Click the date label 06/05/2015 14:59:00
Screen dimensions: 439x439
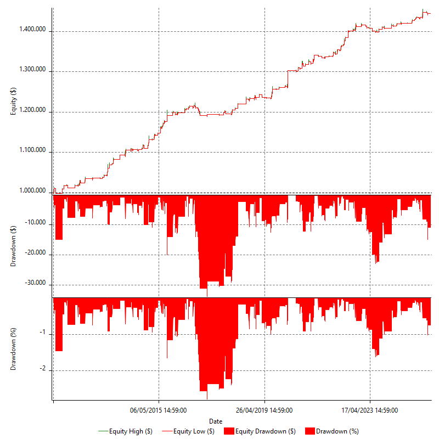pos(158,410)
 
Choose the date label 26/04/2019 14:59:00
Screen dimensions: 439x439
pos(264,410)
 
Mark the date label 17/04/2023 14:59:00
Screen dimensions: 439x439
pos(370,410)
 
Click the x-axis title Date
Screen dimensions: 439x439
pos(216,421)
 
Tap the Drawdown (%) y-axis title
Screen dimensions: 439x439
pos(14,348)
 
